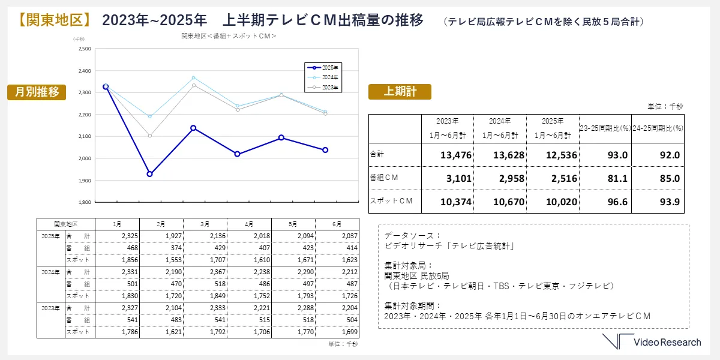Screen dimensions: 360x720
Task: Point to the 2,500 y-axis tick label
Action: (85, 49)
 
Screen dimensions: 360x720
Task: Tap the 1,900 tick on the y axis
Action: (85, 180)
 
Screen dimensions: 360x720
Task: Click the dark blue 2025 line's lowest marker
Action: (149, 174)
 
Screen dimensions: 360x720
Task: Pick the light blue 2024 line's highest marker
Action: (193, 77)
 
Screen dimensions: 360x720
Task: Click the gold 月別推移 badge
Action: (37, 92)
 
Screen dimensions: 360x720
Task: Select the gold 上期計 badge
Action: (400, 91)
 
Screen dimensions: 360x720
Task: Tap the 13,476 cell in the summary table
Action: (456, 155)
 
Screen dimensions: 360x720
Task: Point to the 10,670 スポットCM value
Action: (508, 202)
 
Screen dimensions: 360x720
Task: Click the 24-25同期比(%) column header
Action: (658, 128)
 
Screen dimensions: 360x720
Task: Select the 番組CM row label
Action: (384, 178)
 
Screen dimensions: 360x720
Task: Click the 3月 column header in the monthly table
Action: (205, 223)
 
